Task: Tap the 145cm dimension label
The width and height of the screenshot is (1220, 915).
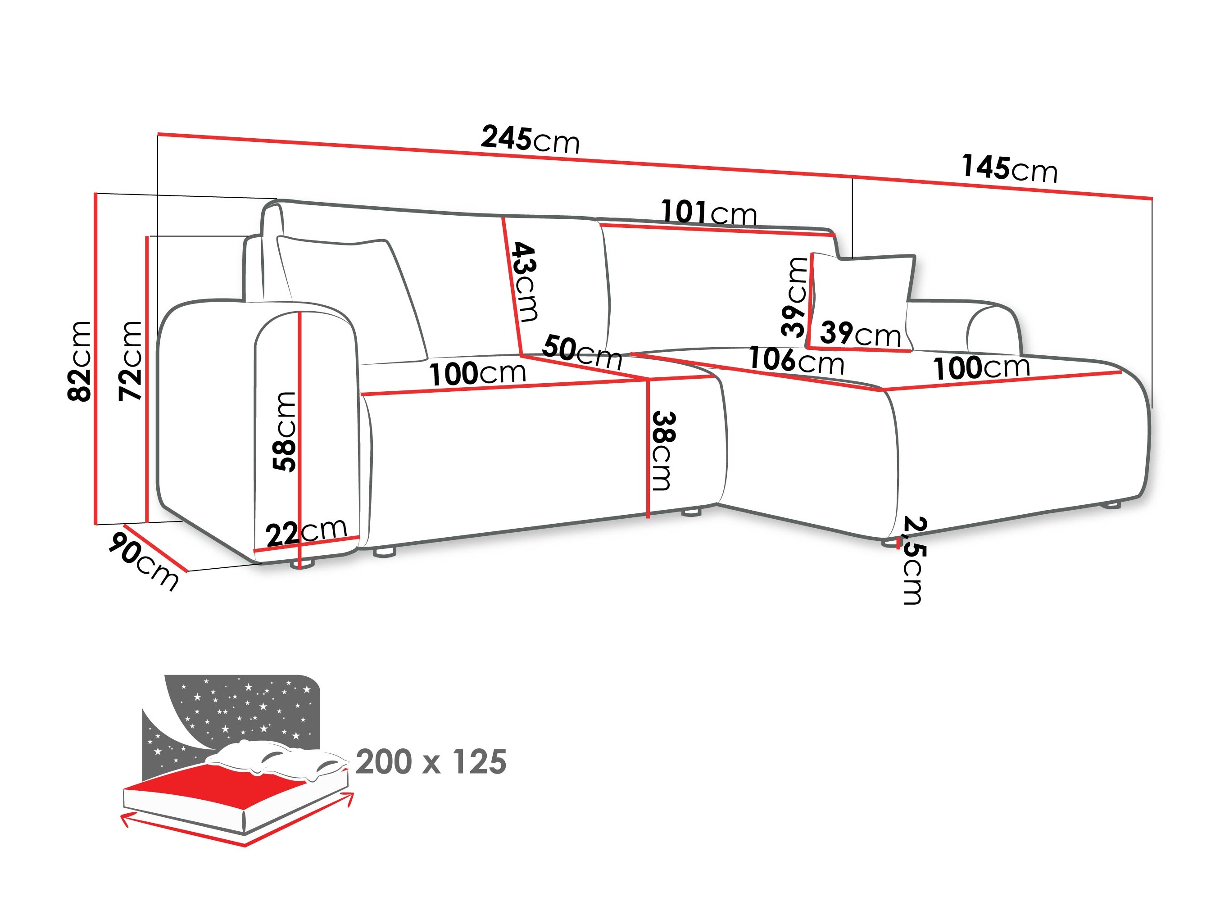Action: pyautogui.click(x=1009, y=168)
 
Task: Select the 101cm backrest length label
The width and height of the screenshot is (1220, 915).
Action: pyautogui.click(x=709, y=213)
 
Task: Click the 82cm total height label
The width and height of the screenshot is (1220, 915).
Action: pyautogui.click(x=79, y=361)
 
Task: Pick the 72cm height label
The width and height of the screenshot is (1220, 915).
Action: pyautogui.click(x=131, y=361)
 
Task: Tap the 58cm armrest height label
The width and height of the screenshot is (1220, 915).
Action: pyautogui.click(x=285, y=432)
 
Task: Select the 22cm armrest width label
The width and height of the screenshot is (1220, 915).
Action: pyautogui.click(x=307, y=532)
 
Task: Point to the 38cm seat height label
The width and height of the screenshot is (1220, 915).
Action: pyautogui.click(x=662, y=451)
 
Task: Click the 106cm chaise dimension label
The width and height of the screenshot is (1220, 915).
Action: pyautogui.click(x=796, y=361)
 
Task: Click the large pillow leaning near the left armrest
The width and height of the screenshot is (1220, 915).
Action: pyautogui.click(x=353, y=298)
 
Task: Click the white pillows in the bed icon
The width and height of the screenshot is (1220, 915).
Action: pyautogui.click(x=276, y=758)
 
